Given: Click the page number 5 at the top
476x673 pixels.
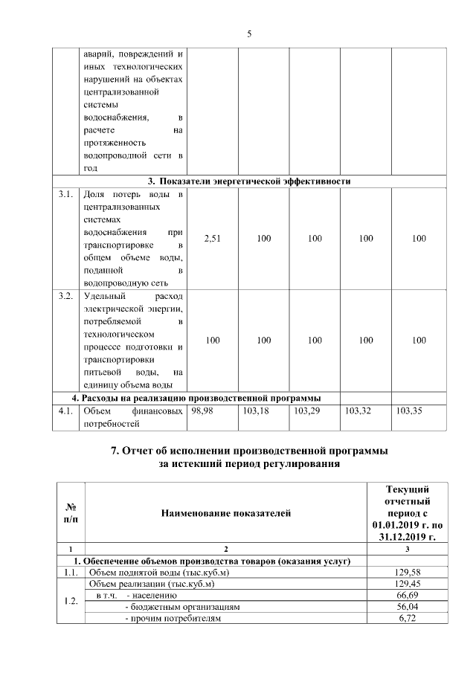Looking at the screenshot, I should click(x=249, y=33).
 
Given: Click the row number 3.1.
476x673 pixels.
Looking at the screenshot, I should click(x=65, y=195).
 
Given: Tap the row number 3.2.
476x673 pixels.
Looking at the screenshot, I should click(x=65, y=297).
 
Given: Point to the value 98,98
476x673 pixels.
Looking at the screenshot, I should click(x=202, y=410).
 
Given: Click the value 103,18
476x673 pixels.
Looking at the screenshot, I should click(x=255, y=410).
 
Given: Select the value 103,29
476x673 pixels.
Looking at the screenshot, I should click(x=306, y=410).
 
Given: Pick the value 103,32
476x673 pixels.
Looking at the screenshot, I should click(x=358, y=410).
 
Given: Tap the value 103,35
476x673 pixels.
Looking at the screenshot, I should click(x=408, y=410).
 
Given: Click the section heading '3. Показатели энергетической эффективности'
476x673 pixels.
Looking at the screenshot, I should click(x=248, y=181).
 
